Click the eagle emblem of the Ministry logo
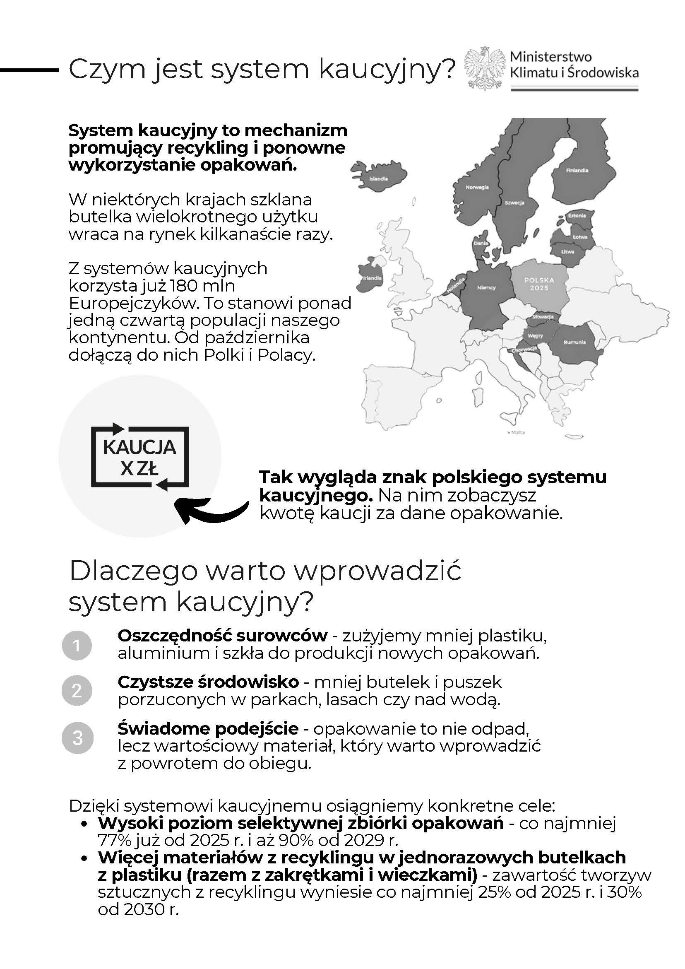click(485, 67)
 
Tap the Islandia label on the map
click(378, 178)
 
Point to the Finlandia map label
click(577, 171)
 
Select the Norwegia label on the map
click(477, 187)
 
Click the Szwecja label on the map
click(514, 203)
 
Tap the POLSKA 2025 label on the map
click(539, 284)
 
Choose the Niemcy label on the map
click(486, 288)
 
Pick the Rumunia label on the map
click(574, 342)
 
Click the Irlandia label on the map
click(372, 278)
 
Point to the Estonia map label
click(577, 216)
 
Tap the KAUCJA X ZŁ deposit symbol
click(140, 457)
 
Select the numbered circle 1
click(77, 645)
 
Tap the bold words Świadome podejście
click(208, 728)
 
